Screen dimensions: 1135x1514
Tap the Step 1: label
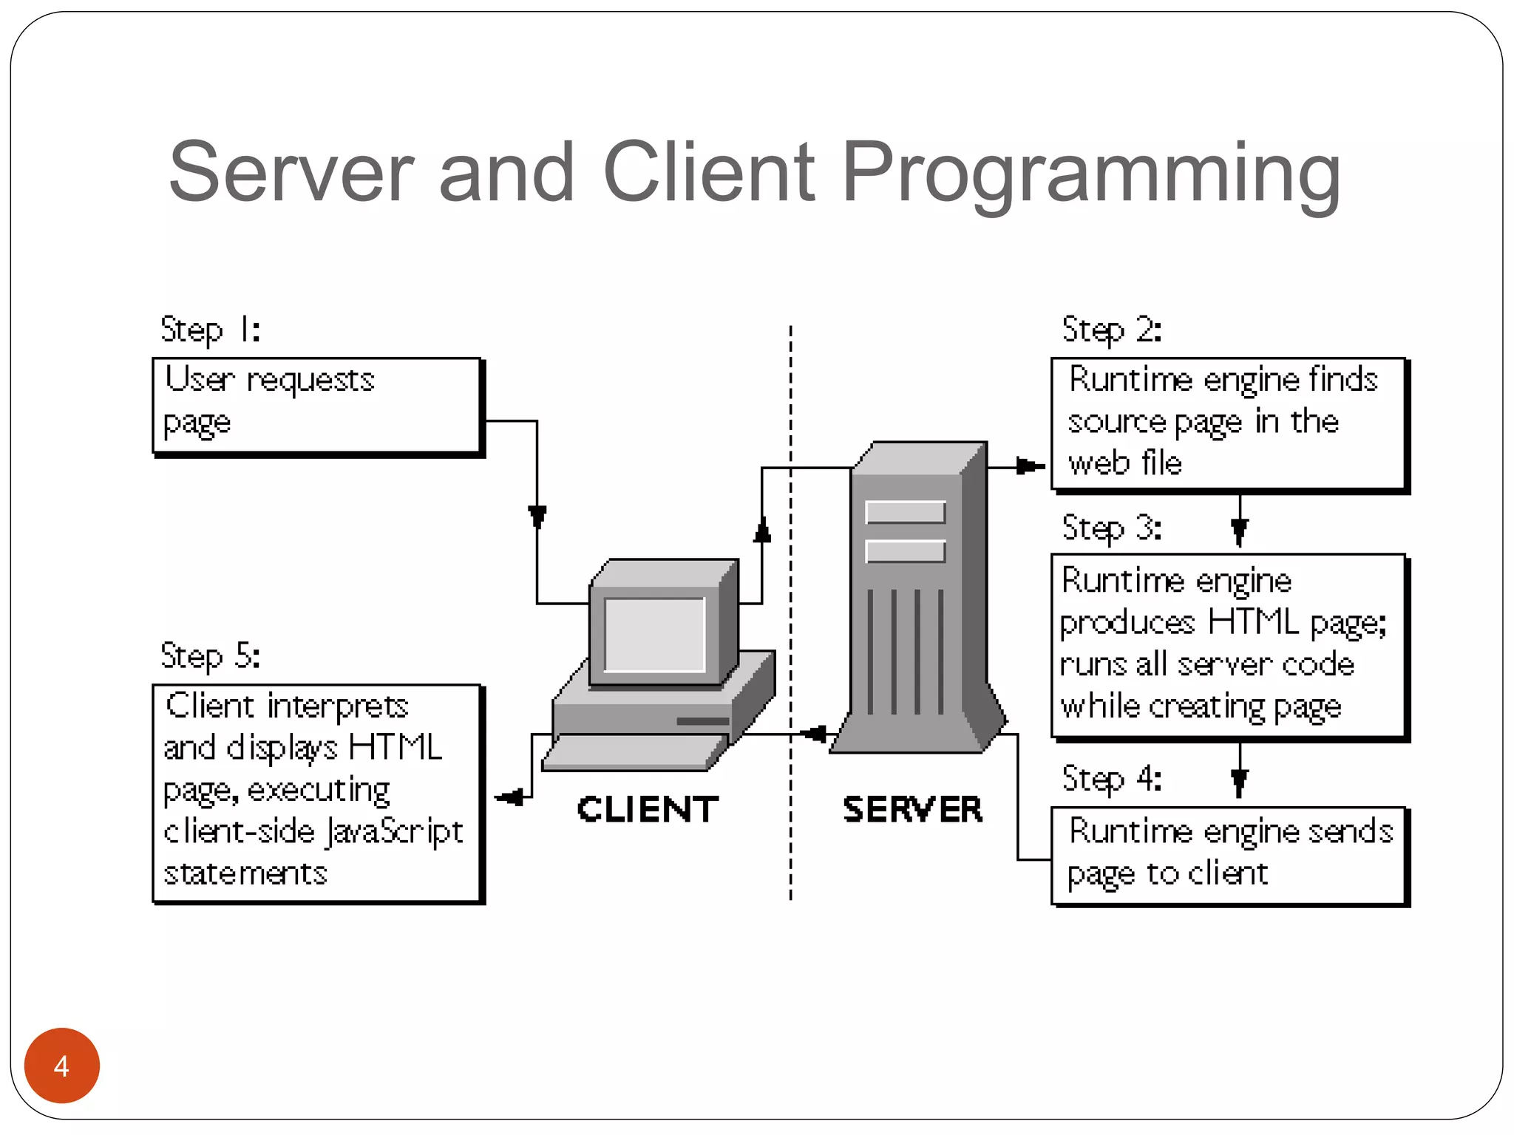(x=210, y=330)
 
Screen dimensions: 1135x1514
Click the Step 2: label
(x=1111, y=330)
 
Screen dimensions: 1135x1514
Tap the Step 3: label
(x=1111, y=528)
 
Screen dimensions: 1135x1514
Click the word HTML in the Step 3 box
(x=1252, y=622)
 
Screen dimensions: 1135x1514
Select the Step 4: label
(x=1111, y=779)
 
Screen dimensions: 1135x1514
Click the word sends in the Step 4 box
(x=1350, y=831)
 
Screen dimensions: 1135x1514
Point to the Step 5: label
(x=210, y=656)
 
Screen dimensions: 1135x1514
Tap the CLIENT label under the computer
(x=648, y=809)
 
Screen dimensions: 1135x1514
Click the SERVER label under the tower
(x=912, y=809)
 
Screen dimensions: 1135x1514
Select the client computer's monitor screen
(x=654, y=634)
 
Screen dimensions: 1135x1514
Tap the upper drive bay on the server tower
(x=905, y=512)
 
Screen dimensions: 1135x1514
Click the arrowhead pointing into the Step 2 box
(x=1029, y=466)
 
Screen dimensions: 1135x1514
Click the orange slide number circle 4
(x=62, y=1066)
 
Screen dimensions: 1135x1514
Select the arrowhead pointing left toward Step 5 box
(x=510, y=797)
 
